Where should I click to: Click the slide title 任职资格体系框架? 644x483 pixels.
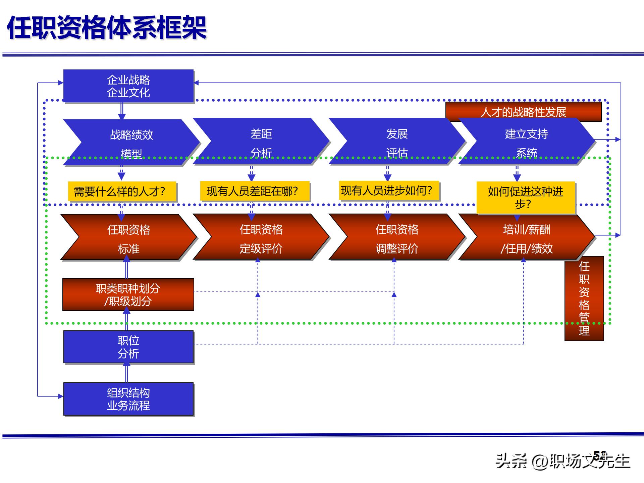click(107, 28)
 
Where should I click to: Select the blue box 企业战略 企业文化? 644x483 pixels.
click(128, 86)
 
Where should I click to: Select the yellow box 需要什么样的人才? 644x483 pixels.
click(122, 192)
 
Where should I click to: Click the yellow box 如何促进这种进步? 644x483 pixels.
click(526, 198)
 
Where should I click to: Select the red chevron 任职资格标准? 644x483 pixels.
click(128, 238)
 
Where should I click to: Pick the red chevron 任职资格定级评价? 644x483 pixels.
click(261, 238)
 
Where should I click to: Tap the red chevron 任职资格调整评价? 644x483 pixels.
click(397, 238)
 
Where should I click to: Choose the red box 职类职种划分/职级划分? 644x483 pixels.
click(128, 294)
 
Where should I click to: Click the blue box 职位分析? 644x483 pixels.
click(128, 347)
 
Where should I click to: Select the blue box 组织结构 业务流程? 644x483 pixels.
click(128, 399)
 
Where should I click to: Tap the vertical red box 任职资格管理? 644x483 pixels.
click(584, 299)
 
